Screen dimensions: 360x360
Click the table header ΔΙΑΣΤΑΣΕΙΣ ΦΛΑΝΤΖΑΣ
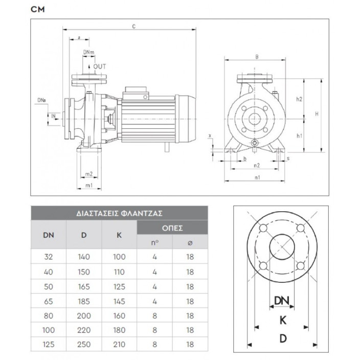pyautogui.click(x=119, y=213)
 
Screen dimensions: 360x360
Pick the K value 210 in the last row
pyautogui.click(x=119, y=345)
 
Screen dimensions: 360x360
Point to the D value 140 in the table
pyautogui.click(x=84, y=258)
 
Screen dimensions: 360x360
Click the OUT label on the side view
pyautogui.click(x=99, y=66)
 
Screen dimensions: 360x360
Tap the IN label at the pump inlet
pyautogui.click(x=53, y=117)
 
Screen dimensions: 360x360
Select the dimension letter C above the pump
pyautogui.click(x=133, y=26)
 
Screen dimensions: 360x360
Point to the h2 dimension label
pyautogui.click(x=300, y=99)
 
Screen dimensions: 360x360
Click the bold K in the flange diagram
pyautogui.click(x=282, y=320)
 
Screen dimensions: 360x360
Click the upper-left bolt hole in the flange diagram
pyautogui.click(x=263, y=229)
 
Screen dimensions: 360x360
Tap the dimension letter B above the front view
pyautogui.click(x=257, y=57)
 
